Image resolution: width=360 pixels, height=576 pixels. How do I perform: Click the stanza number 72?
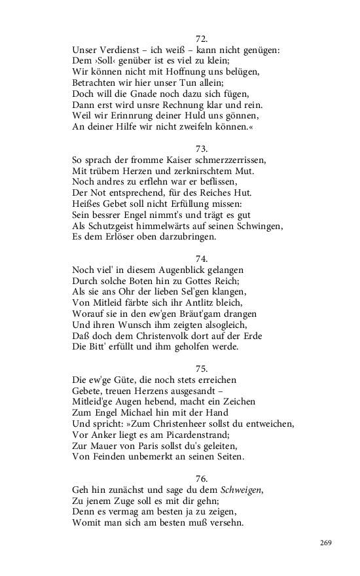point(201,38)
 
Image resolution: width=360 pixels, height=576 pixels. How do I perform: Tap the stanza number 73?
point(201,149)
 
